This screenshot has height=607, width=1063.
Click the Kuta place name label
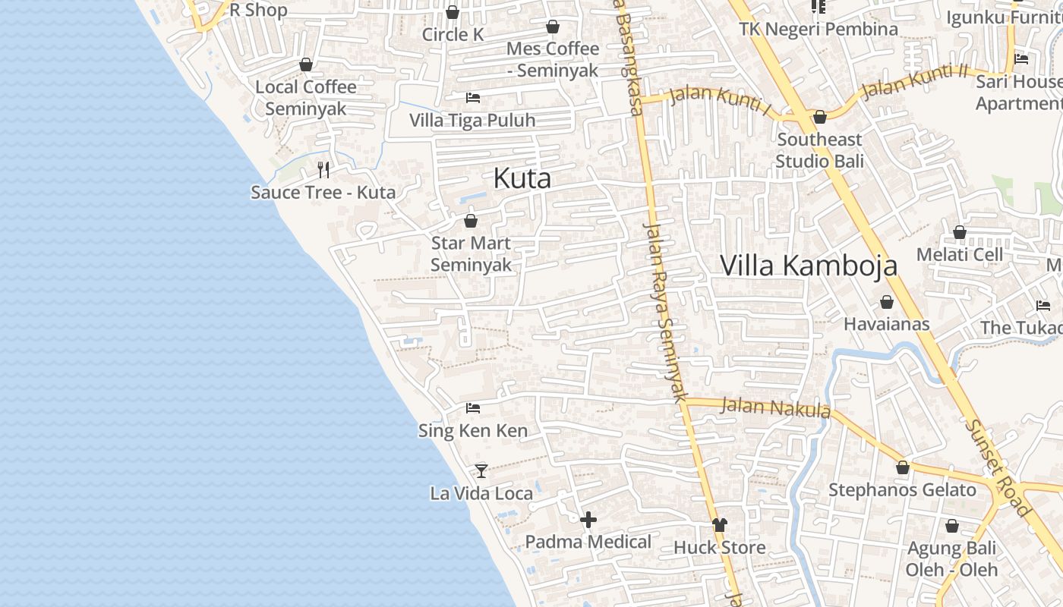tap(522, 178)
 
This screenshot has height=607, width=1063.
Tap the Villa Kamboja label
tap(809, 266)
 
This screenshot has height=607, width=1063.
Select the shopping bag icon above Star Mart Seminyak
tap(471, 221)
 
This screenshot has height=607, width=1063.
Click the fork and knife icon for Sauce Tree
tap(323, 169)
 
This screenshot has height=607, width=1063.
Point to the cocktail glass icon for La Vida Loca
tap(481, 470)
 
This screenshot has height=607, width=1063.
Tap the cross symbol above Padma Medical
tap(588, 520)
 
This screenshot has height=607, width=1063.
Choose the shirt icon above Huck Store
tap(720, 524)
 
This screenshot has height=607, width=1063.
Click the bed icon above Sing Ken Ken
tap(473, 408)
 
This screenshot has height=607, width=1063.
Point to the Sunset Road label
tap(998, 466)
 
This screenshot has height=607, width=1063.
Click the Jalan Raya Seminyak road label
tap(665, 311)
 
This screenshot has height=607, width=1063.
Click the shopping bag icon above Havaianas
tap(887, 302)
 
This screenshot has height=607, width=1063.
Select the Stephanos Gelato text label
tap(902, 490)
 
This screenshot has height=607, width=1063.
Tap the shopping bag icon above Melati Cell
tap(960, 232)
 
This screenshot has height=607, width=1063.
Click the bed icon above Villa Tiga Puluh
tap(472, 97)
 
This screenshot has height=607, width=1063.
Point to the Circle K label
tap(453, 35)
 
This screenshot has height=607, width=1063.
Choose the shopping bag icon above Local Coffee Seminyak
tap(306, 64)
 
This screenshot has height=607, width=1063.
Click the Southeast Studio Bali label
tap(819, 150)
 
